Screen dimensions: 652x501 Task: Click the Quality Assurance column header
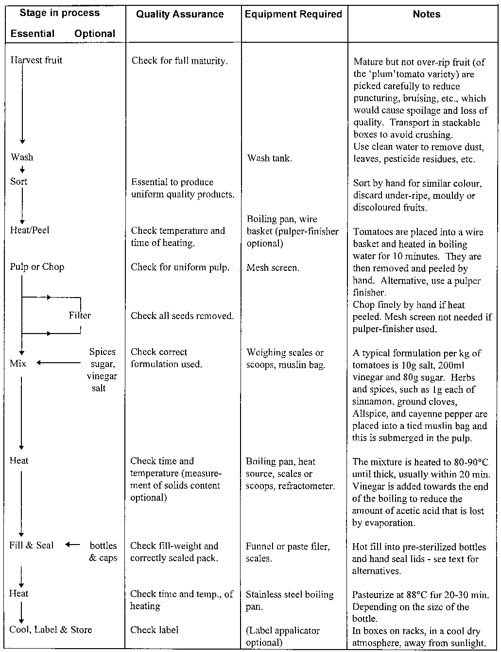point(180,15)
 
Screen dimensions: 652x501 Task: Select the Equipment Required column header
point(294,15)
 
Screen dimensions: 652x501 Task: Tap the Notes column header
point(426,15)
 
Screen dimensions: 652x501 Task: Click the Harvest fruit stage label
point(36,60)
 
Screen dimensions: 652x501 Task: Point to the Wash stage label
point(22,157)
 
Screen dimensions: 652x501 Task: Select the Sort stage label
point(19,181)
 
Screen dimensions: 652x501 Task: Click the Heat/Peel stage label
point(30,230)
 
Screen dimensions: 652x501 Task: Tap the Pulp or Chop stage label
point(37,266)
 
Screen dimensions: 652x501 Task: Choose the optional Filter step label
point(80,315)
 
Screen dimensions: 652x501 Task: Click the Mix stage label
point(18,363)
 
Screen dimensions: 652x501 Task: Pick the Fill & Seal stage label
point(32,545)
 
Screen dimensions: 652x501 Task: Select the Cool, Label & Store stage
point(51,630)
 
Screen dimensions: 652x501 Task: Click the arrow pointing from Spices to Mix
point(58,363)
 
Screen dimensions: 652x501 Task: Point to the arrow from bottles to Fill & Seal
point(73,545)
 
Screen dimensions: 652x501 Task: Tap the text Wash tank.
point(269,158)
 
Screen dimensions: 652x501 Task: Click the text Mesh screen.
point(273,267)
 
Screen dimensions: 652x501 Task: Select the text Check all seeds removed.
point(182,316)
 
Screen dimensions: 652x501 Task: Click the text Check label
point(154,630)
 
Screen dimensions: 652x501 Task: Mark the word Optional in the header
point(95,34)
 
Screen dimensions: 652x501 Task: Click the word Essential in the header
point(33,34)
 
